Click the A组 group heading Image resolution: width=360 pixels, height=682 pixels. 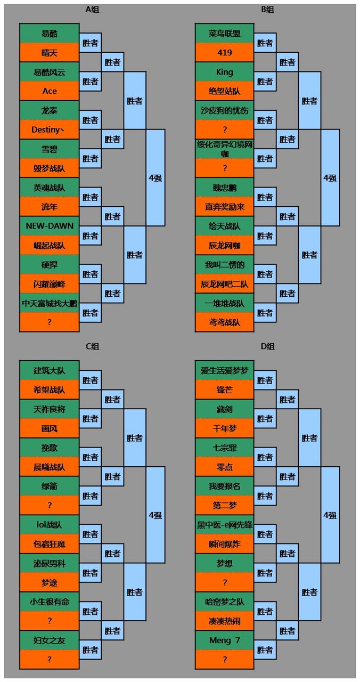pyautogui.click(x=92, y=10)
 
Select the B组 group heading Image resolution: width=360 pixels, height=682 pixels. pyautogui.click(x=267, y=10)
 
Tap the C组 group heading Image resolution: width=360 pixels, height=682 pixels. pyautogui.click(x=92, y=346)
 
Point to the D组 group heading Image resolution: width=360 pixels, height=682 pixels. pyautogui.click(x=267, y=346)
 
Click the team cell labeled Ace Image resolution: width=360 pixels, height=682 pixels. pyautogui.click(x=50, y=91)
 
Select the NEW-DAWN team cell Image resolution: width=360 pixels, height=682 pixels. pyautogui.click(x=50, y=225)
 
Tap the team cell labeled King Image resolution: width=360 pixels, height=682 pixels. pyautogui.click(x=225, y=71)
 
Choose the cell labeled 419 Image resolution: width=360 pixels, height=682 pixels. pyautogui.click(x=225, y=52)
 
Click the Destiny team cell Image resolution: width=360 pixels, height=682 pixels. pyautogui.click(x=50, y=129)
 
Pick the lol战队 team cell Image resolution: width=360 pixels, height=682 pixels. pyautogui.click(x=50, y=524)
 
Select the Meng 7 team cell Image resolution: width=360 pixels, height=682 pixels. pyautogui.click(x=225, y=640)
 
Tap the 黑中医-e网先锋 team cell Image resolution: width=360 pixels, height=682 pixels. pyautogui.click(x=225, y=524)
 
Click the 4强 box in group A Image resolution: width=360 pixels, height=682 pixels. pyautogui.click(x=156, y=177)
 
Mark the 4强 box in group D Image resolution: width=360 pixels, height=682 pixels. pyautogui.click(x=330, y=515)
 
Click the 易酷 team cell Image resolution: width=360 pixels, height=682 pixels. pyautogui.click(x=50, y=33)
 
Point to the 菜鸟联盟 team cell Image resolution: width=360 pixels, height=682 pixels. pyautogui.click(x=225, y=33)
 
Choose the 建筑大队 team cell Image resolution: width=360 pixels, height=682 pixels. pyautogui.click(x=50, y=370)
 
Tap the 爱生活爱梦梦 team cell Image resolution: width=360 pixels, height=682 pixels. pyautogui.click(x=225, y=370)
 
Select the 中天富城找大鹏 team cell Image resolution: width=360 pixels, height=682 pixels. pyautogui.click(x=50, y=303)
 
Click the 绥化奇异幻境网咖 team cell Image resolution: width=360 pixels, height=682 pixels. pyautogui.click(x=225, y=149)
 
